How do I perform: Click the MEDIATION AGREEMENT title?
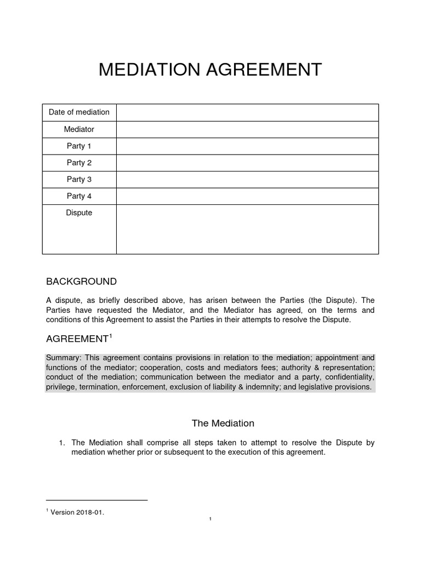210,70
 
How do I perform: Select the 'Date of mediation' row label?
79,112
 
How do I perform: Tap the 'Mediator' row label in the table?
79,129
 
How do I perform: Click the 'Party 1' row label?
79,146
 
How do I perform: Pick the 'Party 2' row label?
79,163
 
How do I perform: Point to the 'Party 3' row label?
79,180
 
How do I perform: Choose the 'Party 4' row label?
79,196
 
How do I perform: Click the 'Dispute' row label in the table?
79,213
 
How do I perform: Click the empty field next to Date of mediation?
247,112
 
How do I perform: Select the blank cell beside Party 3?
247,180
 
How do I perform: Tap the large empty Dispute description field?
247,229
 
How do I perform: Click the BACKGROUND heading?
81,282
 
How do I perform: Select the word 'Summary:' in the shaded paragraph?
63,358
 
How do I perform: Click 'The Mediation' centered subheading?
223,423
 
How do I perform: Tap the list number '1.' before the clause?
62,443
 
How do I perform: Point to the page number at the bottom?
210,519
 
